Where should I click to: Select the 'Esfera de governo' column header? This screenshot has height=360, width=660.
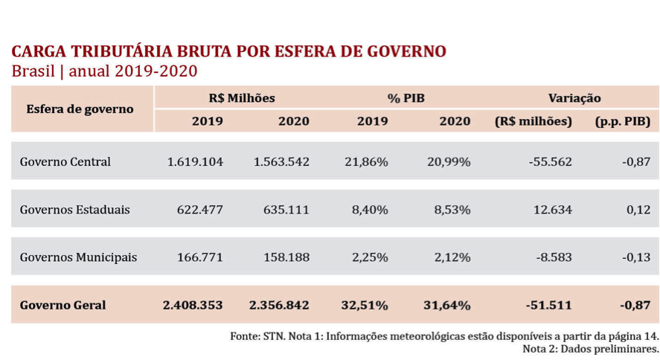(80, 109)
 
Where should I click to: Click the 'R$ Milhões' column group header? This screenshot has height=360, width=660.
(242, 98)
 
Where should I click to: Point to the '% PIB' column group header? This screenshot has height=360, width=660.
(406, 98)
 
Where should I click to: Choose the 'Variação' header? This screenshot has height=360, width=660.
(574, 98)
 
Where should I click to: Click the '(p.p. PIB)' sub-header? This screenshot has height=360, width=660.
(623, 121)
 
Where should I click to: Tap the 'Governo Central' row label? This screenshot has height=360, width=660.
(65, 161)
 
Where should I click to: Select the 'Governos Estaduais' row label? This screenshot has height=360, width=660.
(75, 210)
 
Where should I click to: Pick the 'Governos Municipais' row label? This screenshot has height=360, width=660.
(79, 257)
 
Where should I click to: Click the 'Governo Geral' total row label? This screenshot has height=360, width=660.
(63, 305)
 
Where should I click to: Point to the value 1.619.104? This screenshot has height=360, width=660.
(195, 161)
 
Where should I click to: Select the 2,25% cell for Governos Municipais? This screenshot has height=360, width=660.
(370, 257)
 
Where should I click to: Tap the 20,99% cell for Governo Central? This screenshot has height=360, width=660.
(449, 161)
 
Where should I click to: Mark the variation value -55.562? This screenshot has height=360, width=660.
(550, 161)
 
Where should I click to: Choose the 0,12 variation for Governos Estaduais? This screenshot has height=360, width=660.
(638, 210)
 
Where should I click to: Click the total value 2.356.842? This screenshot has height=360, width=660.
(279, 305)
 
